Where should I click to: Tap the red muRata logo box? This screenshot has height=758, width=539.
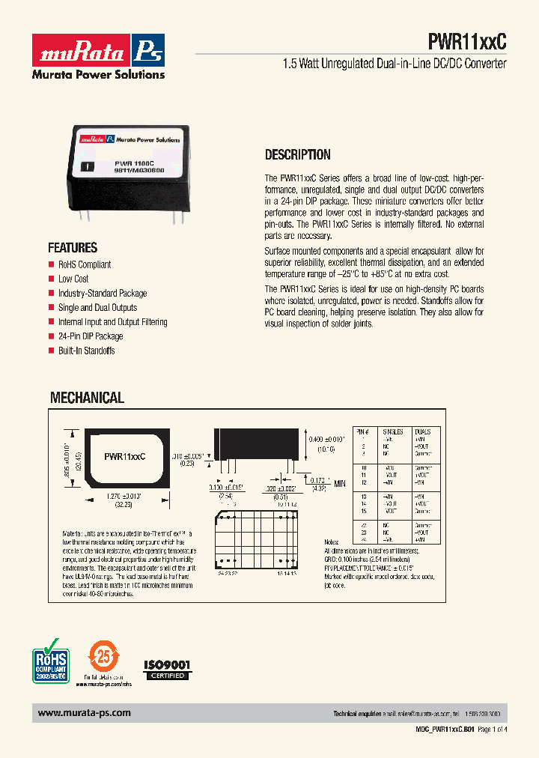point(82,51)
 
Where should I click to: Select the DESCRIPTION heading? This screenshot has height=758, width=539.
point(298,155)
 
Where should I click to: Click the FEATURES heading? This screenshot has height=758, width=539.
point(73,248)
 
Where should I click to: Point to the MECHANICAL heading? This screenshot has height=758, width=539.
point(87,398)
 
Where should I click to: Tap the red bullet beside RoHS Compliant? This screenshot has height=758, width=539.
point(52,264)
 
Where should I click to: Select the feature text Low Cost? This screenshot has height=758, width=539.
point(73,279)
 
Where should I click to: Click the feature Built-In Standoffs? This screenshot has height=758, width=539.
point(87,351)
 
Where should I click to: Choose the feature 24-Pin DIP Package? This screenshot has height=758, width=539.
point(91,336)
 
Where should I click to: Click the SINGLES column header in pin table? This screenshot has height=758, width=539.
point(392,432)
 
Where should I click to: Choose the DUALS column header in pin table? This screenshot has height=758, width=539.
point(424,432)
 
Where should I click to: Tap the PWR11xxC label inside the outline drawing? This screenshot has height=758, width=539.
point(124,455)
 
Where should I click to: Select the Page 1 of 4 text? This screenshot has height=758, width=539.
point(492,730)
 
